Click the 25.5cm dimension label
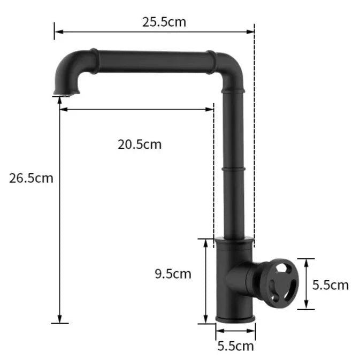[164, 22]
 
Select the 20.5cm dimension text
[139, 144]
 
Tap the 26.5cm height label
[31, 178]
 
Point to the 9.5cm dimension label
[173, 274]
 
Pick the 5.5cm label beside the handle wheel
[331, 285]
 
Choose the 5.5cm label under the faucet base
[235, 346]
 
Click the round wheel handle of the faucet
[276, 283]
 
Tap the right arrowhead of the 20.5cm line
[211, 110]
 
